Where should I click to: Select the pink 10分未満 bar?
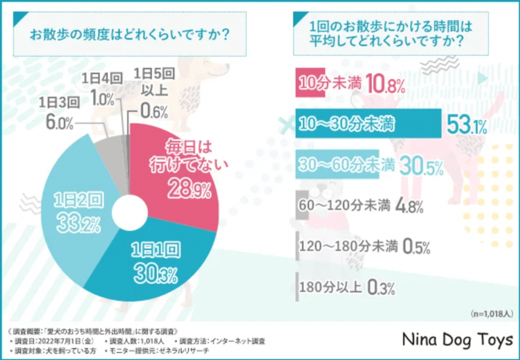tap(322, 83)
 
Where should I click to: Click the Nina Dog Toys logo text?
tap(458, 340)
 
